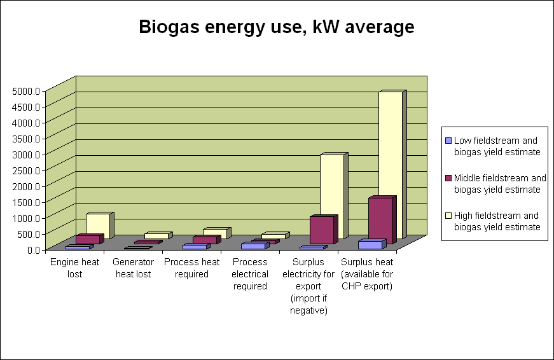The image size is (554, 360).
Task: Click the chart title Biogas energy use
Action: click(x=277, y=27)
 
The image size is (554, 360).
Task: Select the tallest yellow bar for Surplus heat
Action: click(x=390, y=165)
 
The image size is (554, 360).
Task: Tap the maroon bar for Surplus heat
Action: click(x=380, y=219)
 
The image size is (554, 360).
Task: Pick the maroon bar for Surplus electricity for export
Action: click(x=321, y=230)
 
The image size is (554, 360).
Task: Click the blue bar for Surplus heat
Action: click(x=370, y=245)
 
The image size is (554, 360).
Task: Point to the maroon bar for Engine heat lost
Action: click(x=87, y=240)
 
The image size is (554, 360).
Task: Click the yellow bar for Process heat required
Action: click(x=214, y=233)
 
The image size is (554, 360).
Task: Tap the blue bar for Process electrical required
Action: click(x=253, y=246)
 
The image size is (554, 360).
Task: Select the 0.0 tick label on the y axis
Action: click(x=32, y=249)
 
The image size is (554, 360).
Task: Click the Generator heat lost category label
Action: click(x=132, y=267)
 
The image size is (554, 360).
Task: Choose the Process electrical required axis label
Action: click(x=250, y=274)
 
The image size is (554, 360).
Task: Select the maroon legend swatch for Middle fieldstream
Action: click(x=448, y=178)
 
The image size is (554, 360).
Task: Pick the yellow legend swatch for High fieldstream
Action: click(x=448, y=216)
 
